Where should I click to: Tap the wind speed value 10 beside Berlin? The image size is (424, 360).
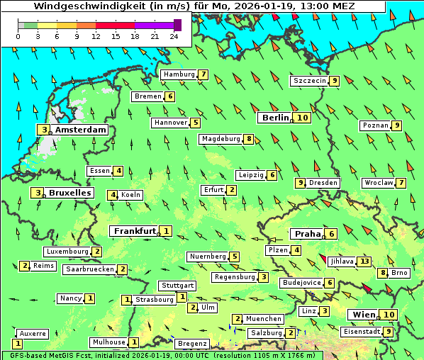coord(303,118)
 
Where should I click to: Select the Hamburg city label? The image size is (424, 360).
coord(179,74)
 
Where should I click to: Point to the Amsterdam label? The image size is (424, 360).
coord(80,130)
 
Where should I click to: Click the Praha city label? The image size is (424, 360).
coord(307,234)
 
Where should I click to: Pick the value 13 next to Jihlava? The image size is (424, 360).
coord(364,261)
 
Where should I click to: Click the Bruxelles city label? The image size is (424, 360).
coord(69,193)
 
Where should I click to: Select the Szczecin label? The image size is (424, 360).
coord(309,81)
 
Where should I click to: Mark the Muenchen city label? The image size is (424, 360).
coord(264,319)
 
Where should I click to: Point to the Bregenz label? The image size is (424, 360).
coord(192,344)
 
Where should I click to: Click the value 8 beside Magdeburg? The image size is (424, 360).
coord(249,139)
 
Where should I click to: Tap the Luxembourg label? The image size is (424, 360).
coord(67,252)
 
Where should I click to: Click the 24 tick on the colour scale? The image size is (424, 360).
coord(173,36)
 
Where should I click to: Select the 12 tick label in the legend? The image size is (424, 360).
coord(96,36)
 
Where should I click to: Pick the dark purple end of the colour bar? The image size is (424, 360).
coord(177,25)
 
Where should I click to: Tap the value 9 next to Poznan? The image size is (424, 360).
coord(397,125)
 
